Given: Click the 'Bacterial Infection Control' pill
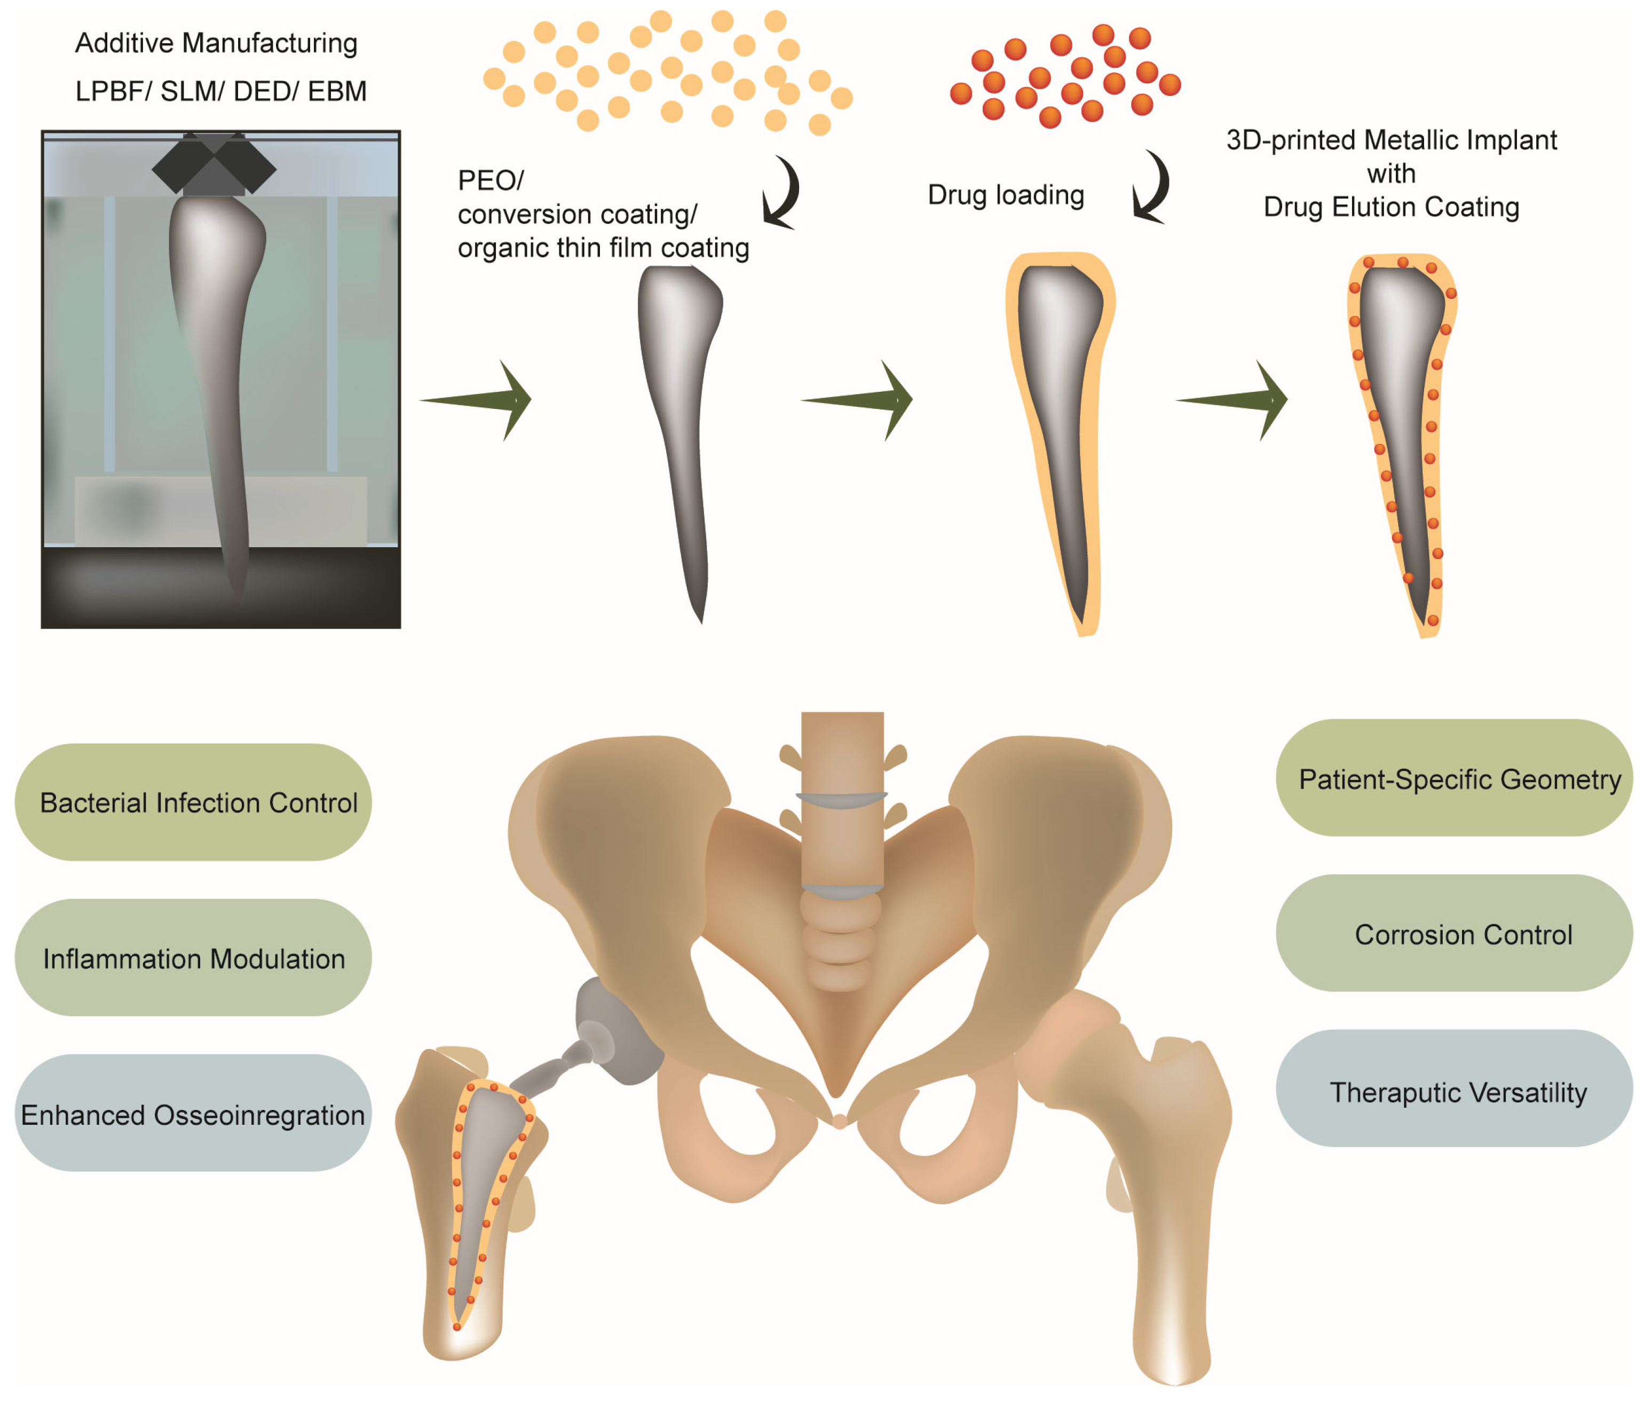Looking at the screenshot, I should (x=193, y=802).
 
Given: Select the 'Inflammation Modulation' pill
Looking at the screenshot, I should (x=193, y=958).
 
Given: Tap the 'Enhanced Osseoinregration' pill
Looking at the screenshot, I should (x=193, y=1113).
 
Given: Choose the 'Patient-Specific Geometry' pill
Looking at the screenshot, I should (x=1453, y=778).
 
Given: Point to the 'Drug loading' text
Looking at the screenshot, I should (x=1005, y=194).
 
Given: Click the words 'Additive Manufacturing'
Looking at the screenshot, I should (x=216, y=43).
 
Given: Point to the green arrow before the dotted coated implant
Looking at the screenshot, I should (x=1235, y=400).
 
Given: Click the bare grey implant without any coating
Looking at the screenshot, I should (x=681, y=429).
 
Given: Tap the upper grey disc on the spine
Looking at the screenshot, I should (x=842, y=798).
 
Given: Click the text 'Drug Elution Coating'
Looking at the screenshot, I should (x=1391, y=207).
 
